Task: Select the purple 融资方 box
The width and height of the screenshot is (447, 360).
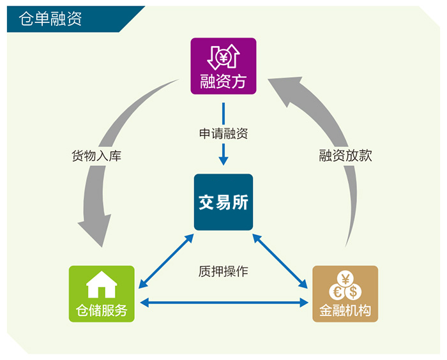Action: (223, 66)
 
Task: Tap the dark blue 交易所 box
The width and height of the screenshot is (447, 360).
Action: (223, 202)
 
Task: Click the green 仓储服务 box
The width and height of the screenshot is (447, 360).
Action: (102, 294)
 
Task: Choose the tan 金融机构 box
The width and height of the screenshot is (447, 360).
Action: (345, 294)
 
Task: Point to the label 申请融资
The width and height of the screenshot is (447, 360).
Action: (223, 134)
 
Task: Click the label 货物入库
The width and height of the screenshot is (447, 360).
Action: (96, 156)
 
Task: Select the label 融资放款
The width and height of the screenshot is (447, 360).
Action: (345, 156)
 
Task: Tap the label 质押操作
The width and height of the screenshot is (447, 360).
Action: (223, 271)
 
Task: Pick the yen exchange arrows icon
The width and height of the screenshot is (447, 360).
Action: (223, 57)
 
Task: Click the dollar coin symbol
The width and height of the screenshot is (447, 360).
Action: (352, 291)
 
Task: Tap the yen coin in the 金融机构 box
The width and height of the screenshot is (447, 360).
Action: (345, 280)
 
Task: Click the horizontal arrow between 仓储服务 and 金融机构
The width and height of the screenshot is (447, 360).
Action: (223, 303)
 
